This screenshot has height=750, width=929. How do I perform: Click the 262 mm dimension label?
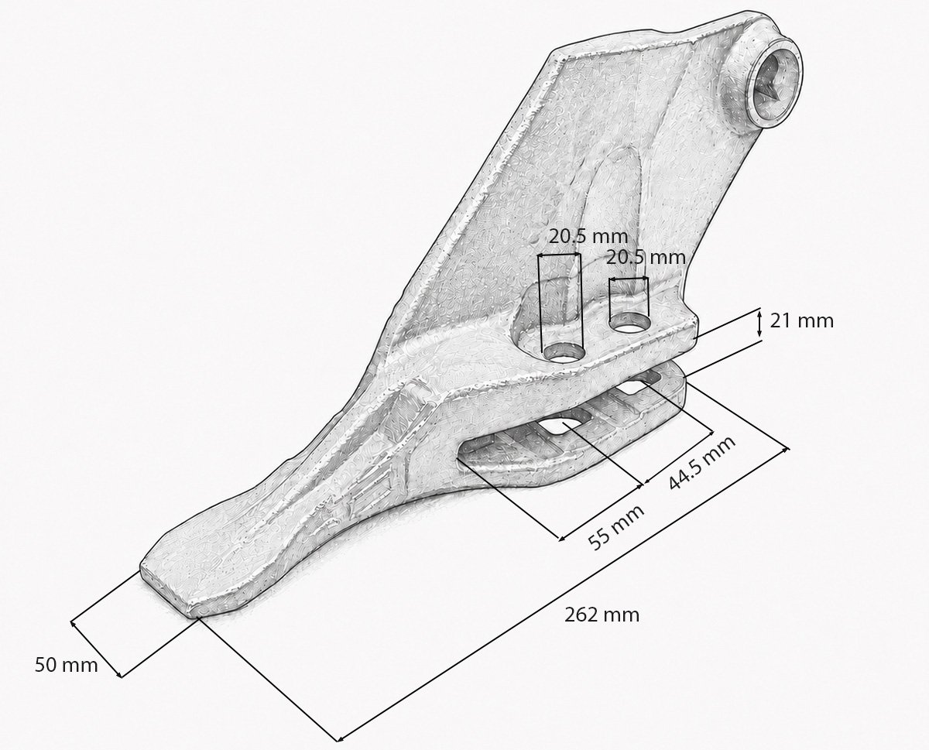(x=602, y=615)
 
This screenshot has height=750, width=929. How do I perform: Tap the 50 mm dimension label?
(x=67, y=665)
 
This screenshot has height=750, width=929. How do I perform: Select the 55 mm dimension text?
(x=615, y=527)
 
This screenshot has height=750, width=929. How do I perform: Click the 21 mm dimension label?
(x=801, y=321)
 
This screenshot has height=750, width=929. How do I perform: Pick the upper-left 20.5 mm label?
(x=588, y=237)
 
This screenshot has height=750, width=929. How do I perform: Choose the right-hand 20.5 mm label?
(x=646, y=257)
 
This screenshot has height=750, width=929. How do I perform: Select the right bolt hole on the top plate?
(x=630, y=323)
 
